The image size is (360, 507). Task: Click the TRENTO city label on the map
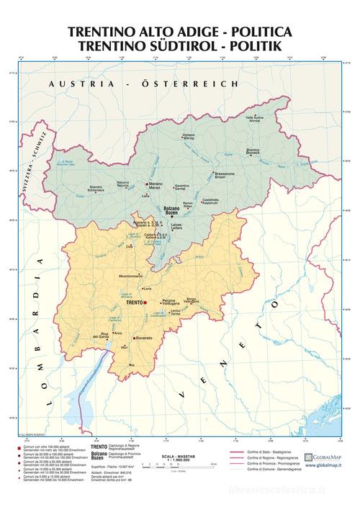coord(134,303)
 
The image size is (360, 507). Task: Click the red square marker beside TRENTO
coord(146,303)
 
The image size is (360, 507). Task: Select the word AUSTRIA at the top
coord(75,84)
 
